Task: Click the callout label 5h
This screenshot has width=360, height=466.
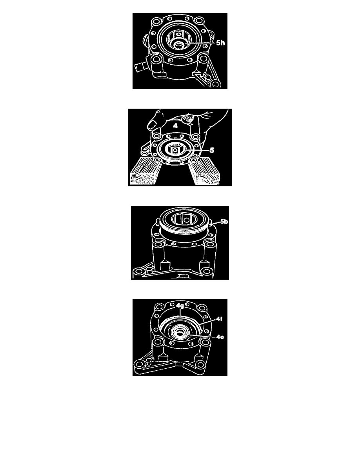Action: pyautogui.click(x=220, y=43)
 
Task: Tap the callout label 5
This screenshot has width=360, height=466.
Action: pyautogui.click(x=212, y=150)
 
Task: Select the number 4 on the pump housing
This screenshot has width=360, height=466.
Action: pyautogui.click(x=175, y=126)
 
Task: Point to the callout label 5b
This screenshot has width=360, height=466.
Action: pyautogui.click(x=224, y=222)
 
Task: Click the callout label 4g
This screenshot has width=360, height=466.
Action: pyautogui.click(x=180, y=306)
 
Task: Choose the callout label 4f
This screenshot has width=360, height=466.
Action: pyautogui.click(x=219, y=319)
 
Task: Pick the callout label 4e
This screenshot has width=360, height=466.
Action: pyautogui.click(x=220, y=337)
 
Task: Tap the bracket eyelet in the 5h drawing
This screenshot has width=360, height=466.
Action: pyautogui.click(x=215, y=84)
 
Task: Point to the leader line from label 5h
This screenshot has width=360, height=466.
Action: pyautogui.click(x=200, y=43)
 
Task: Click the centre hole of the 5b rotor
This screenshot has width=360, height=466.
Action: pyautogui.click(x=186, y=220)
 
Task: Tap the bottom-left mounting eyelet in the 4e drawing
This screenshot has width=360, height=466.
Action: pyautogui.click(x=140, y=364)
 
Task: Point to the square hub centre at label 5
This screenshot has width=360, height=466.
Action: pyautogui.click(x=176, y=150)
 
